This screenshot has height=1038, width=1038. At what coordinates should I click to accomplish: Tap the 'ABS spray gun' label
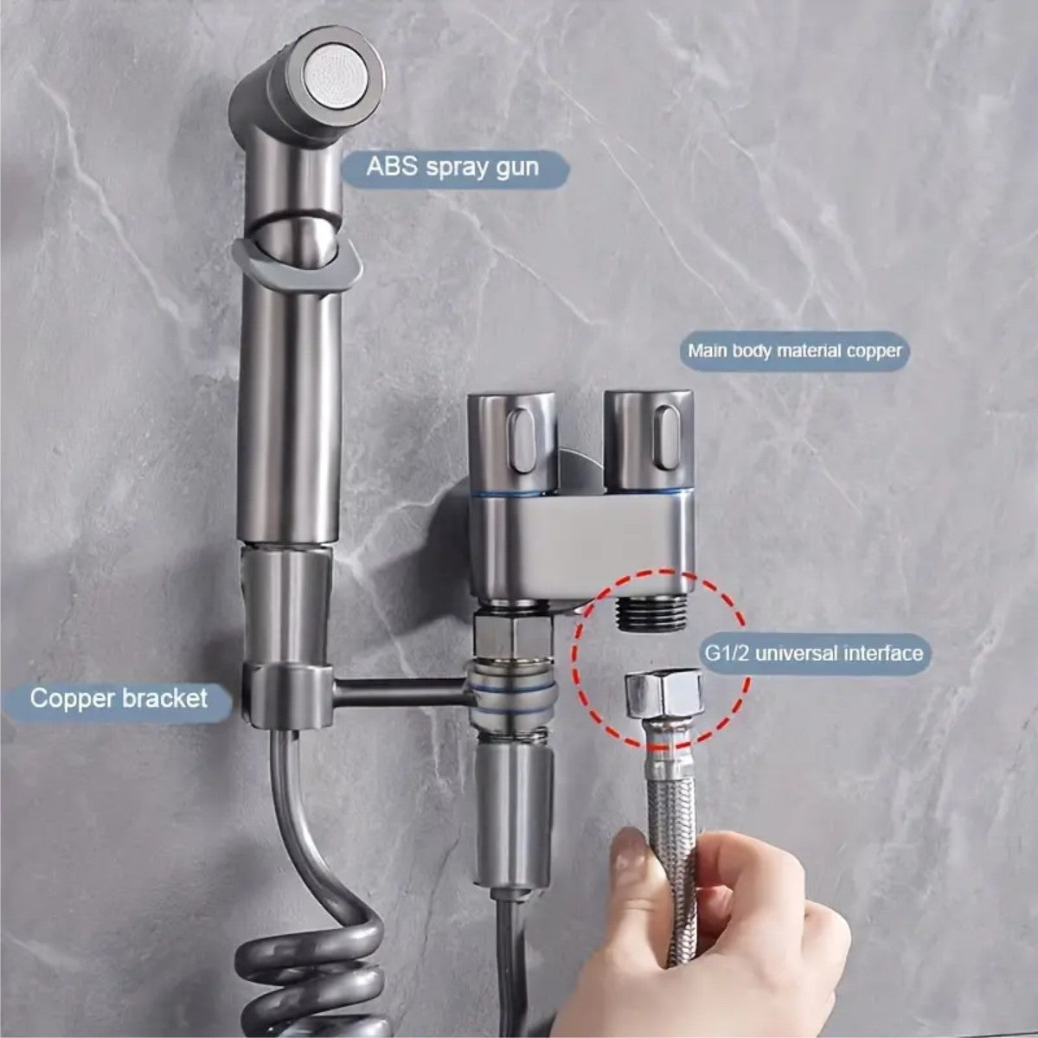tap(453, 166)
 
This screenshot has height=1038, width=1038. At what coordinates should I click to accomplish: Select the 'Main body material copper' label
tap(794, 350)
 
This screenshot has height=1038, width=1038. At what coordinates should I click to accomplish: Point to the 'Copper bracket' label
tap(119, 697)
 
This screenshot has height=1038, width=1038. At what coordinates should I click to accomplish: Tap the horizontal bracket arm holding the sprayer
tap(398, 689)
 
